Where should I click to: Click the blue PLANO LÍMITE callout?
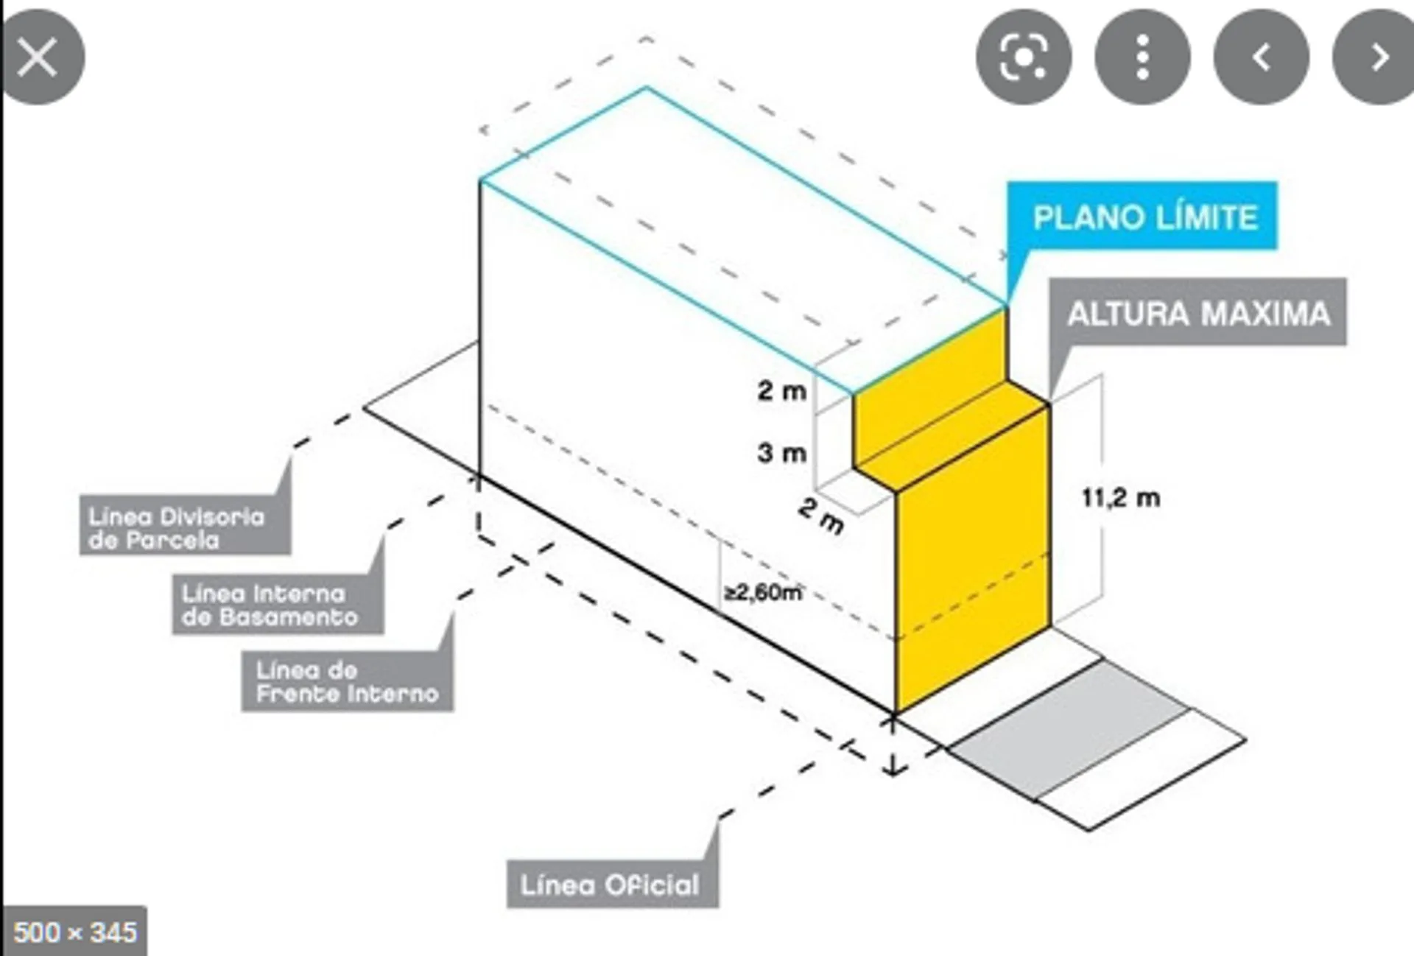tap(1142, 217)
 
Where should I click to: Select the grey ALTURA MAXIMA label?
tap(1198, 313)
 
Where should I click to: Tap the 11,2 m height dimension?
tap(1121, 498)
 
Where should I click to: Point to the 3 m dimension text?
tap(781, 452)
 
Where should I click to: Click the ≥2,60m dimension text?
tap(763, 591)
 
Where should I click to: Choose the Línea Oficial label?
tap(611, 884)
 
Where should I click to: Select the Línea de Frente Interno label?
tap(348, 681)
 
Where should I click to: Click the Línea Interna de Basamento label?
tap(278, 605)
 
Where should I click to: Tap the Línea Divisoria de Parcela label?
tap(185, 527)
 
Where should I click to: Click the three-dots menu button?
tap(1142, 57)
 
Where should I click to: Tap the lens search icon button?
tap(1024, 57)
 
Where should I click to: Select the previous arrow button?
tap(1261, 57)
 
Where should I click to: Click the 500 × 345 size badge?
tap(74, 932)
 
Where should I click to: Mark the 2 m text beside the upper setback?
tap(781, 390)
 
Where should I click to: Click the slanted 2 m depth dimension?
tap(821, 515)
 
